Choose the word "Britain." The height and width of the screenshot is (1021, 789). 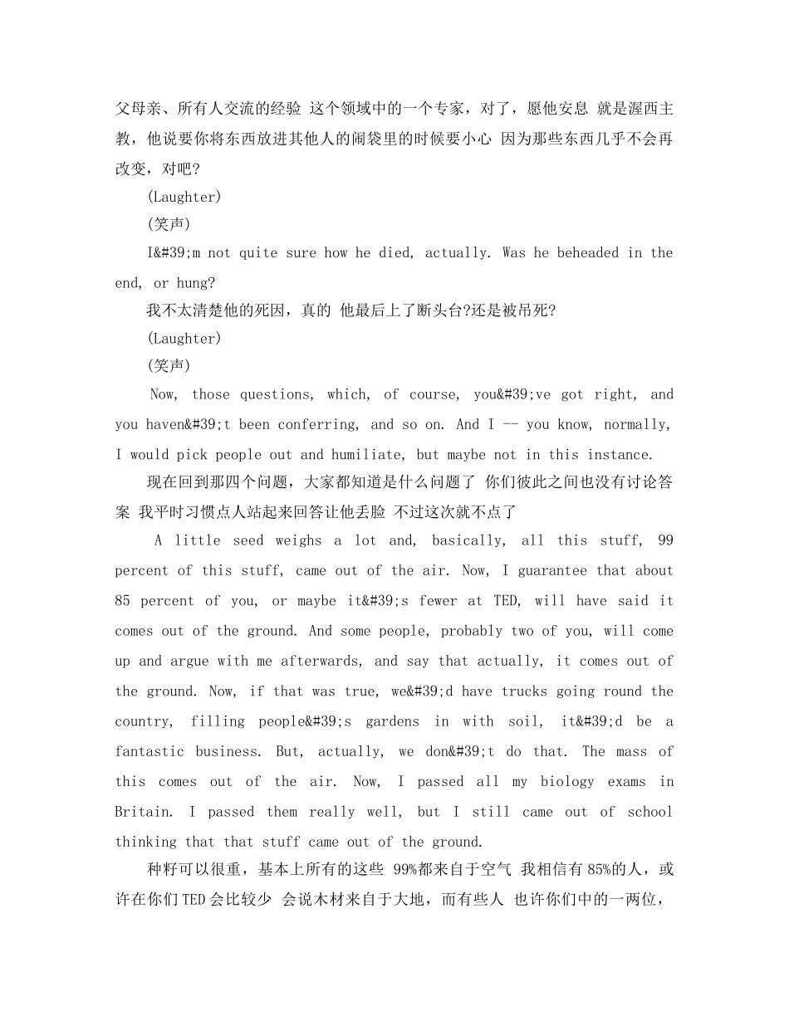click(x=144, y=812)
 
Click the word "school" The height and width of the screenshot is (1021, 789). click(x=650, y=812)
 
